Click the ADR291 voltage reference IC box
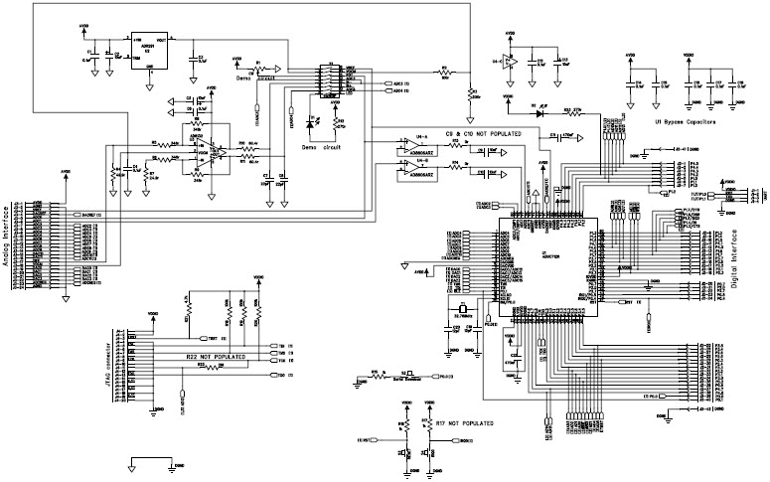pos(148,48)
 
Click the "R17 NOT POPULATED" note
pos(464,422)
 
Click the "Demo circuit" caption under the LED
pos(321,145)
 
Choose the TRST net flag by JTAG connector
pos(206,339)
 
